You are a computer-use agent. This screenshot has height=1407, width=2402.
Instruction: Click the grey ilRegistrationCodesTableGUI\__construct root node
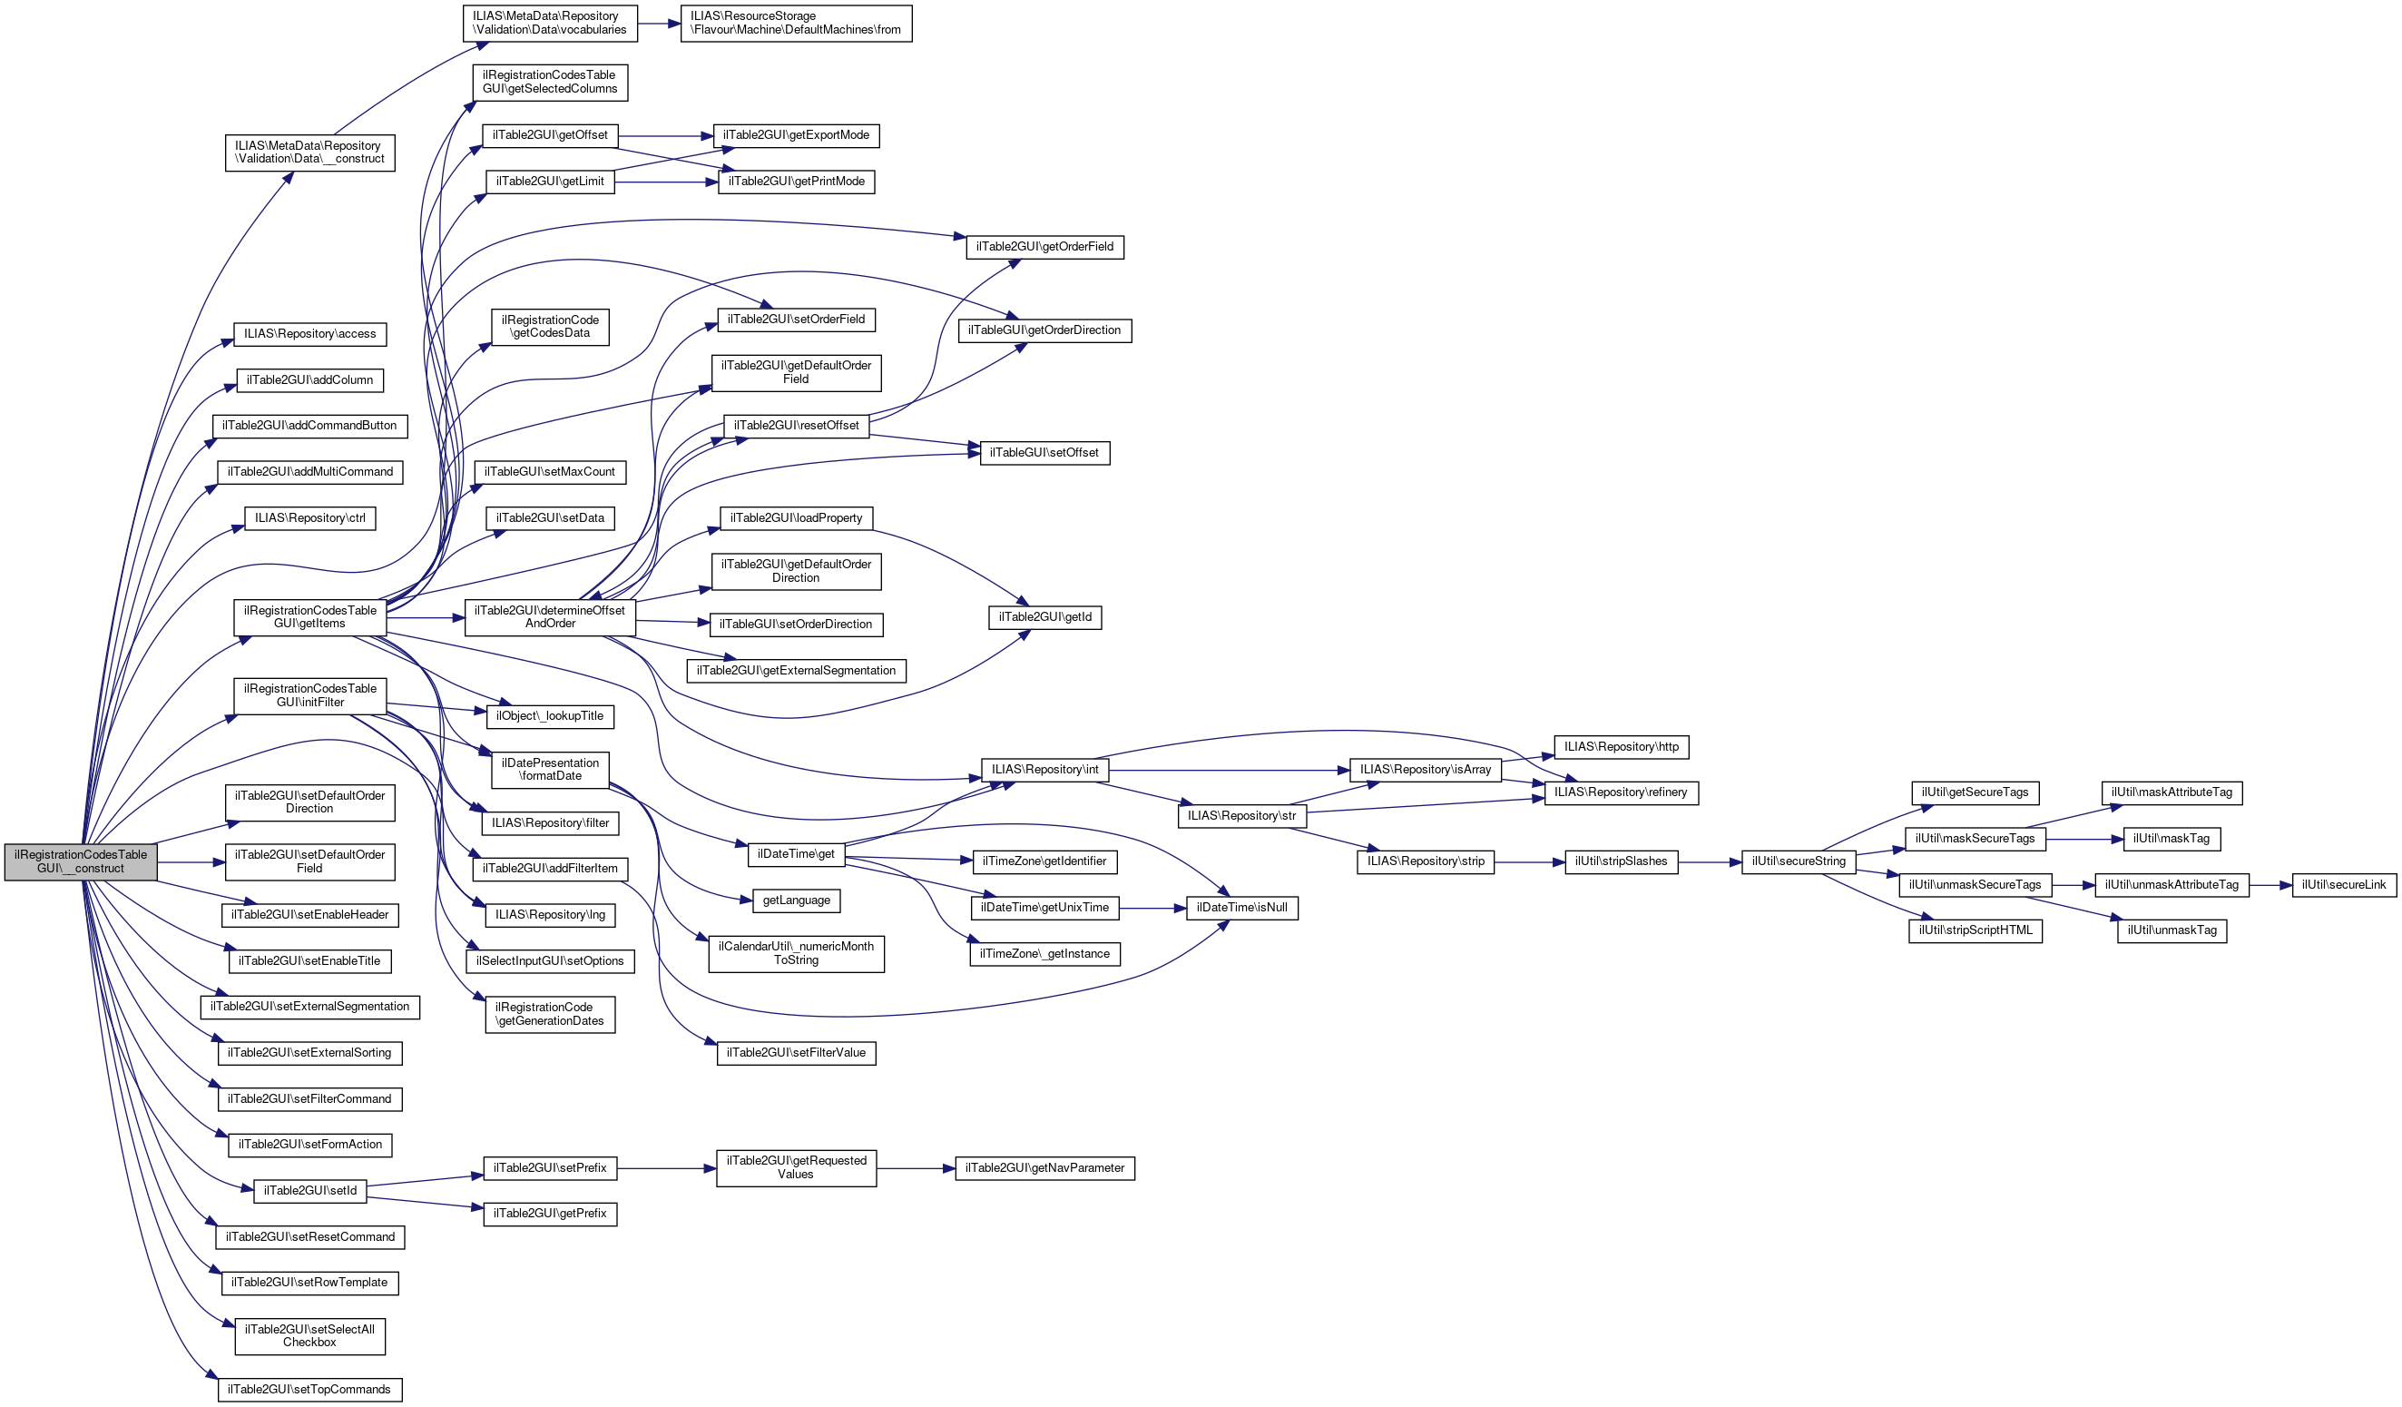[x=81, y=861]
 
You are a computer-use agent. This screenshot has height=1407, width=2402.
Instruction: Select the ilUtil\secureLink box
[x=2343, y=885]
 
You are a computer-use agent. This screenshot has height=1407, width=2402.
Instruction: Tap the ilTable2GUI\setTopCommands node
[x=309, y=1389]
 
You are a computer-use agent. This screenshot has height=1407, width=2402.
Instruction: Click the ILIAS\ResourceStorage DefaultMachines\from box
[x=796, y=23]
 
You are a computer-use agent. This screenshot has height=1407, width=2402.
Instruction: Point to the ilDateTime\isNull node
[x=1241, y=908]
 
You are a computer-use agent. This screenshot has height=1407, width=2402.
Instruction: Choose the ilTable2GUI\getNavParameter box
[x=1044, y=1167]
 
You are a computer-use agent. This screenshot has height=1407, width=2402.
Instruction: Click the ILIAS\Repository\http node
[x=1621, y=746]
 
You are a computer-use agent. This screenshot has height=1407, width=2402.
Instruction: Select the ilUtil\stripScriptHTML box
[x=1975, y=930]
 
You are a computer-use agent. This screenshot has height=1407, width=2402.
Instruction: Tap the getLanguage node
[x=796, y=900]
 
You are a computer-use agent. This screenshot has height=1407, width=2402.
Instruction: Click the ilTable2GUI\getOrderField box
[x=1044, y=247]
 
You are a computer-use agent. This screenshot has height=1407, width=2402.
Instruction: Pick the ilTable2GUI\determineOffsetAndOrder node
[x=550, y=616]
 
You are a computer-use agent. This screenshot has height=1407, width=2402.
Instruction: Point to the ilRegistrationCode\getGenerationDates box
[x=550, y=1014]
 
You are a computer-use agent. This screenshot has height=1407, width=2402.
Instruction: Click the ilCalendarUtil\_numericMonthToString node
[x=796, y=953]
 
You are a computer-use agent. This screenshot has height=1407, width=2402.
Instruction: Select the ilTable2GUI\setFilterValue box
[x=796, y=1052]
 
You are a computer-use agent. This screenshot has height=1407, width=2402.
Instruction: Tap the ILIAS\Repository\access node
[x=309, y=334]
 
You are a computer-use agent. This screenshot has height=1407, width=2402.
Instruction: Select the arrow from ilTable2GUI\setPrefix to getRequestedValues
[x=666, y=1167]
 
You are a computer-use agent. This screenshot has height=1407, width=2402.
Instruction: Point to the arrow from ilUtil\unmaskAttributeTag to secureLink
[x=2270, y=885]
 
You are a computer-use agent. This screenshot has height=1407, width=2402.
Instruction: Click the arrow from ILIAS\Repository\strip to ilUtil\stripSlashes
[x=1529, y=861]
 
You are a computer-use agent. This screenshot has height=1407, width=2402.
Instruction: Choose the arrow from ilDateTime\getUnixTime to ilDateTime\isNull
[x=1152, y=909]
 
